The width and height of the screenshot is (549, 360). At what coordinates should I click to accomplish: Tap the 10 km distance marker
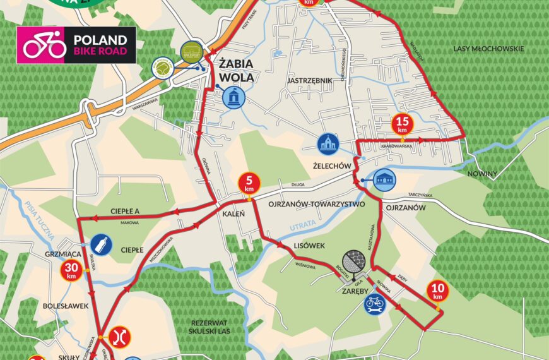point(437,292)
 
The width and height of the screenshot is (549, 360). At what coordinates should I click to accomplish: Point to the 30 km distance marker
point(71,271)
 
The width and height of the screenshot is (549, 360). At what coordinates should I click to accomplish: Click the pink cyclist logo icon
point(45,45)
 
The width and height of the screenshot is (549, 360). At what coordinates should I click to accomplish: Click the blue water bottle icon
point(102,244)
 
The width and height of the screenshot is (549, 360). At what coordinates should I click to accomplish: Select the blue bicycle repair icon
point(375,303)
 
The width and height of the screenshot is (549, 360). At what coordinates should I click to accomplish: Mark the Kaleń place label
point(229,213)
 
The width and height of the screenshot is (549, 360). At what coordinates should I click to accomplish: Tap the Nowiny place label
point(482,174)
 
